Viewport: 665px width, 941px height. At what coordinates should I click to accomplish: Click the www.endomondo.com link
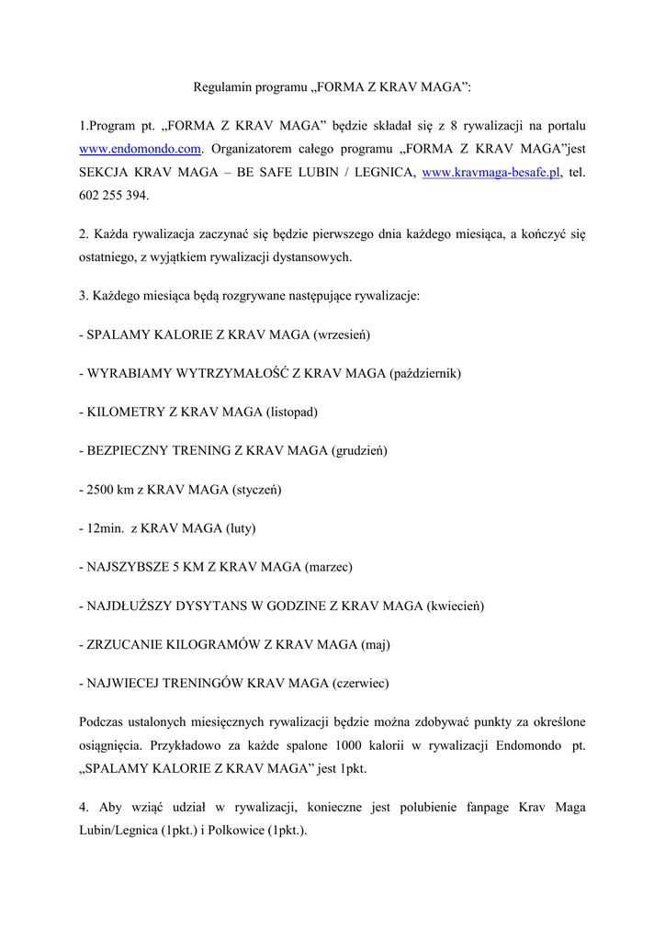coord(140,149)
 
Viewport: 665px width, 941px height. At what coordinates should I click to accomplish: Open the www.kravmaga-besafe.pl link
coord(490,173)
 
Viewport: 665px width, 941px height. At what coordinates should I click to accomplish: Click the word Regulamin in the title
coord(220,87)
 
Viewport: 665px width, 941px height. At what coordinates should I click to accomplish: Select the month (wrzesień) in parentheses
coord(342,335)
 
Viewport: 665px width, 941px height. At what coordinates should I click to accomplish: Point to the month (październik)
coord(425,374)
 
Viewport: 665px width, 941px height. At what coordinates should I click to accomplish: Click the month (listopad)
coord(292,413)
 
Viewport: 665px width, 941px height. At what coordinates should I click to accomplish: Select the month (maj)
coord(376,645)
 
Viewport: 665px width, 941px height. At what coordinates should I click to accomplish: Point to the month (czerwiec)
coord(360,684)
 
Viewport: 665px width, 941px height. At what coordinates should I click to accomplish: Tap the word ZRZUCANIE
coord(122,645)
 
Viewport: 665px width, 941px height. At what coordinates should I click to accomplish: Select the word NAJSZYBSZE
coord(127,567)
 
